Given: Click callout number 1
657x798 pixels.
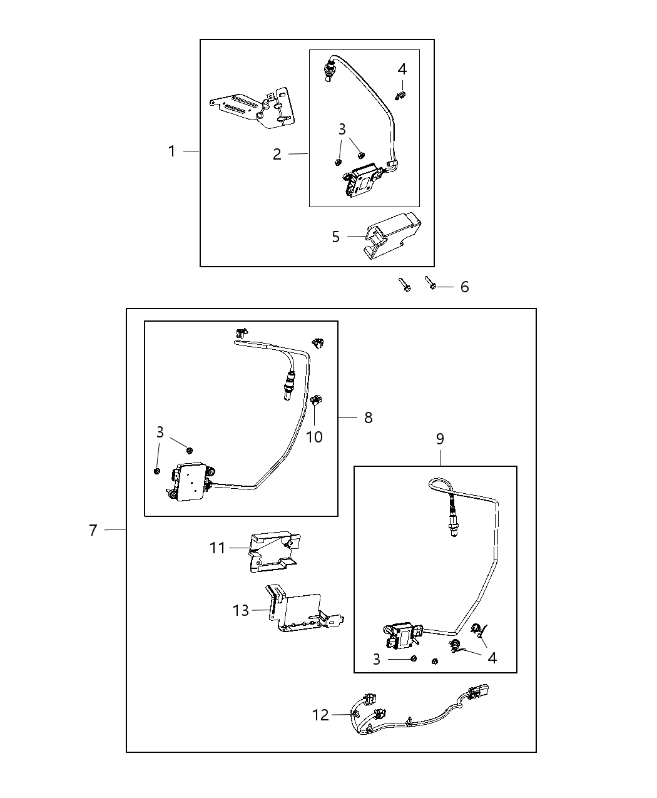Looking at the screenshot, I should coord(171,151).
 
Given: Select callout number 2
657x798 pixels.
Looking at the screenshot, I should coord(277,154).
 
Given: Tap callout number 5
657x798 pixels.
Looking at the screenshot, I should coord(336,237).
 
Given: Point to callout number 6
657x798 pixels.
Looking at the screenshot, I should coord(464,287).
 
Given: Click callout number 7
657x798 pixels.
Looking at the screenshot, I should coord(93,530).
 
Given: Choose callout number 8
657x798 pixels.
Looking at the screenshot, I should coord(368,417).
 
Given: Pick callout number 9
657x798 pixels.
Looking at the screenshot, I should coord(440,439).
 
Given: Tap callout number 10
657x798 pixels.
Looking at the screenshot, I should coord(314,437).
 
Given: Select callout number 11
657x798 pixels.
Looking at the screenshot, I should coord(217,548).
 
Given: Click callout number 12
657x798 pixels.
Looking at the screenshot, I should coord(320,715).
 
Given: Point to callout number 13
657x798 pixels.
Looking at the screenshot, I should coord(241,610).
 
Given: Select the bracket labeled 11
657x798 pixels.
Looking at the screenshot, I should coord(273,551).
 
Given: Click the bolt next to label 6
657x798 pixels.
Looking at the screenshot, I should coord(430,283).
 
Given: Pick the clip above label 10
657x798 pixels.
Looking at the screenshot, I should coord(317,399).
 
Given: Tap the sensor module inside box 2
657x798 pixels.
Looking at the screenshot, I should coord(363,180).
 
